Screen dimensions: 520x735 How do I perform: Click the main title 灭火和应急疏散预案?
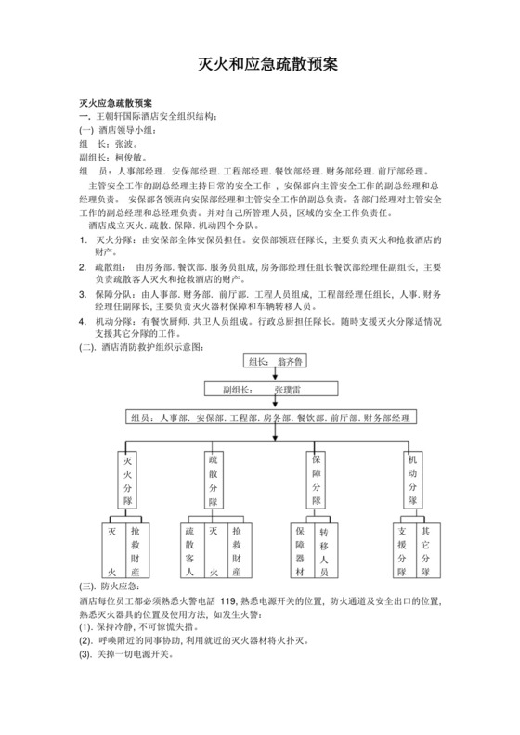click(268, 64)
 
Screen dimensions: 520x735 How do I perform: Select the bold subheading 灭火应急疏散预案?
click(117, 102)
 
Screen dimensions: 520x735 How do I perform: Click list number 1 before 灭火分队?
click(83, 239)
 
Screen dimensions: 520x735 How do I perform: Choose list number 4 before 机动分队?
click(83, 320)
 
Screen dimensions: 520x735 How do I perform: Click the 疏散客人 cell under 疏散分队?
click(190, 551)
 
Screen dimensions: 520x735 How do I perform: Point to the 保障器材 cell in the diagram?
click(301, 551)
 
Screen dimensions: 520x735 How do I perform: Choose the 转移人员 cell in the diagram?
click(324, 551)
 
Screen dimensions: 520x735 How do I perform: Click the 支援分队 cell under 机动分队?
click(402, 551)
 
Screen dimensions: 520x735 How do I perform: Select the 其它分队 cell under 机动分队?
click(425, 551)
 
